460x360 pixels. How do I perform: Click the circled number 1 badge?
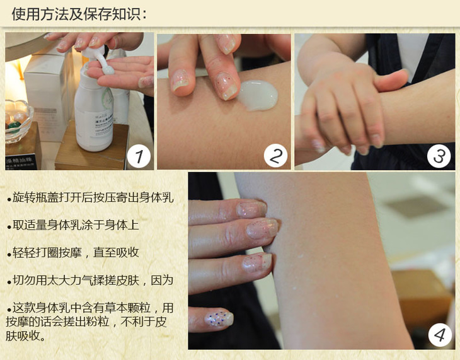pyautogui.click(x=139, y=156)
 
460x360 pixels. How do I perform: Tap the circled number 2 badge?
pyautogui.click(x=275, y=156)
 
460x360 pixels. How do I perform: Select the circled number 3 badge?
pyautogui.click(x=439, y=156)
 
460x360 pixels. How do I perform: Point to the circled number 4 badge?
pyautogui.click(x=440, y=335)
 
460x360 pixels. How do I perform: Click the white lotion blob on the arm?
pyautogui.click(x=258, y=95)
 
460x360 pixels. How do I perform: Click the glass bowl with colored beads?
pyautogui.click(x=18, y=120)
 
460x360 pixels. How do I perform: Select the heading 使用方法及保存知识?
pyautogui.click(x=79, y=14)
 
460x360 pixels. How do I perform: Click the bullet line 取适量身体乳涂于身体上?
pyautogui.click(x=73, y=225)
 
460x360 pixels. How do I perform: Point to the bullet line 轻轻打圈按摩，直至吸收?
pyautogui.click(x=73, y=253)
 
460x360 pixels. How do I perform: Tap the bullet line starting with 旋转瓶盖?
pyautogui.click(x=90, y=197)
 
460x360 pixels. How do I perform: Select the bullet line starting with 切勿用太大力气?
pyautogui.click(x=90, y=281)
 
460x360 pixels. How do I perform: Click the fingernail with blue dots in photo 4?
pyautogui.click(x=219, y=318)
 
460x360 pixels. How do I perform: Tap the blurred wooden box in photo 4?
pyautogui.click(x=422, y=296)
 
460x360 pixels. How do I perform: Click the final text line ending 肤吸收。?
pyautogui.click(x=26, y=335)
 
